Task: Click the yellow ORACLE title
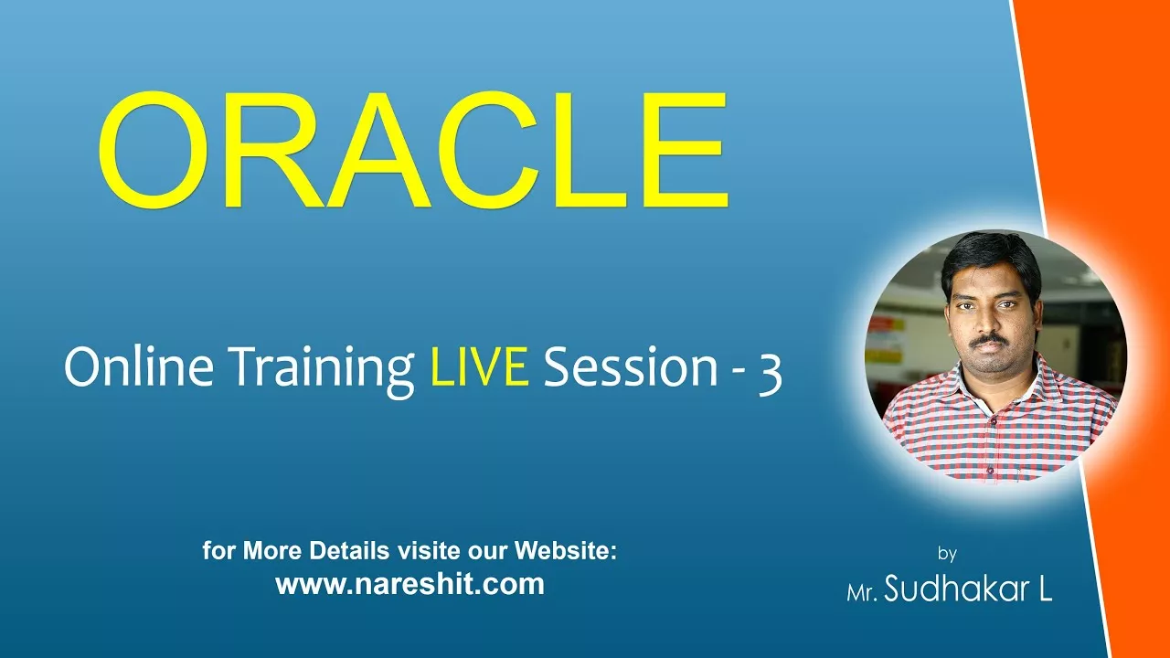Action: (412, 150)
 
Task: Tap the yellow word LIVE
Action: (480, 367)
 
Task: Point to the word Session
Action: (631, 367)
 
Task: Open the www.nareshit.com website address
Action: (410, 583)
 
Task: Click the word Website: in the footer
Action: (566, 550)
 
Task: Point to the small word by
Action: (947, 553)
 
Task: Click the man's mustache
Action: (989, 341)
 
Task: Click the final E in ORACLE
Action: (686, 150)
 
